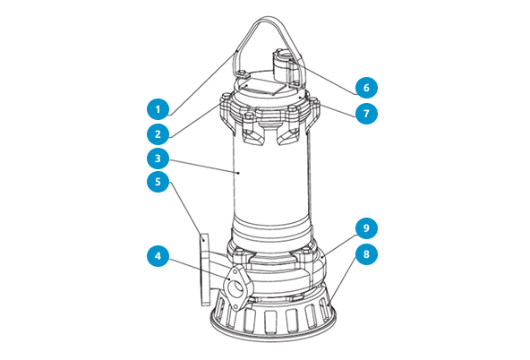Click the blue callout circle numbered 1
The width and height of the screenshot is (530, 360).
158,110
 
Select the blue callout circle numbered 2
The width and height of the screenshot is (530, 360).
158,134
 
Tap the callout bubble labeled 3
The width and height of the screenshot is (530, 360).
158,159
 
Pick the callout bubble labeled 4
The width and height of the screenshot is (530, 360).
158,256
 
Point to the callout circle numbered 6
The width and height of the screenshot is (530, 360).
364,88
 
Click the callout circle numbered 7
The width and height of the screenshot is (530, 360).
364,114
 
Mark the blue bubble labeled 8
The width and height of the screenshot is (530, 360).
364,253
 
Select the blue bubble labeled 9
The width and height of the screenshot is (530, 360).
364,227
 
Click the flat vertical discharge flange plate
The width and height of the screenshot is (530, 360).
203,269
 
